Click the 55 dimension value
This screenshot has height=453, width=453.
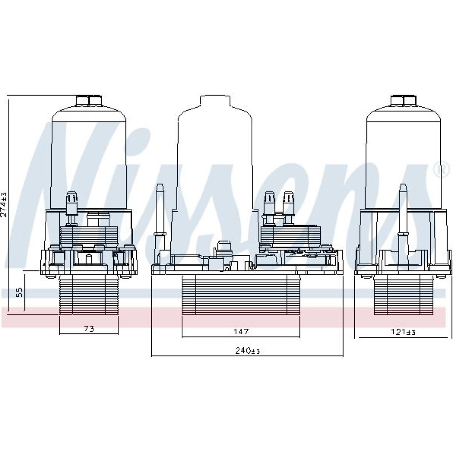click(19, 292)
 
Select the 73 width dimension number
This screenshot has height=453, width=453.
click(89, 328)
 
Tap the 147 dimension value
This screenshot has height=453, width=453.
click(241, 332)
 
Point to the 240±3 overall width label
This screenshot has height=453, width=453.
click(248, 351)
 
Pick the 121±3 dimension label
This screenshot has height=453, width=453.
click(403, 332)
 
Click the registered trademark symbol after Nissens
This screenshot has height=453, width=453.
click(445, 170)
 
